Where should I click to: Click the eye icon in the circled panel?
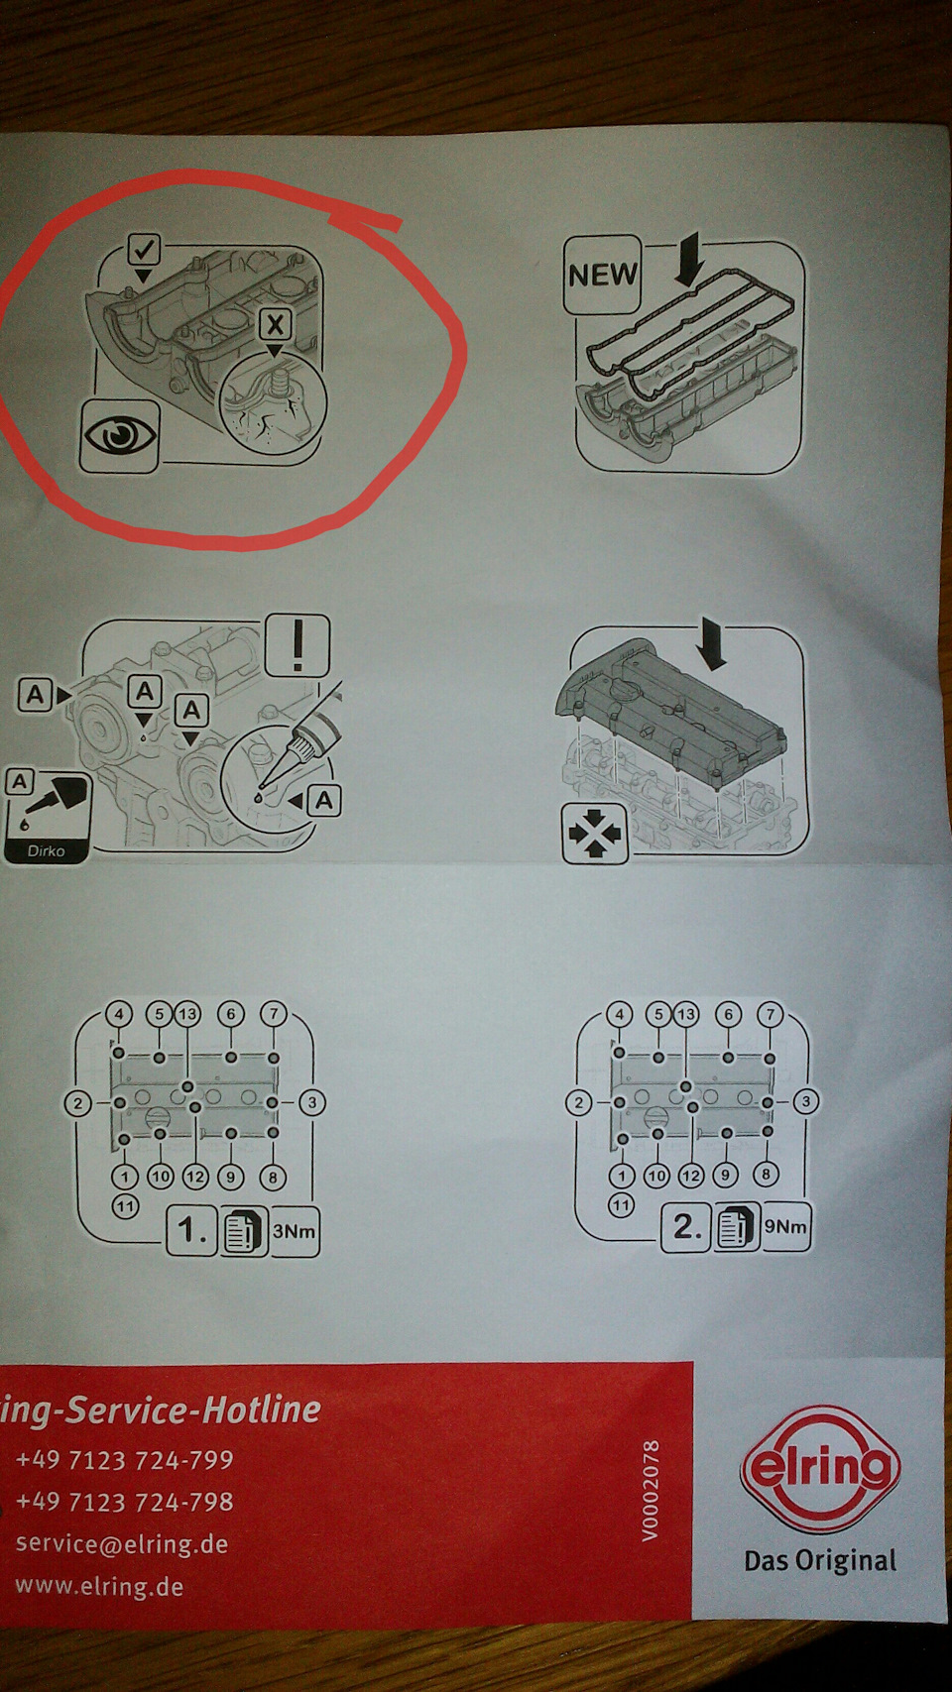point(119,436)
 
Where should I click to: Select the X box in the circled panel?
point(275,325)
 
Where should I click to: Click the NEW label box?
point(602,275)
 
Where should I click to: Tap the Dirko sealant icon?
point(48,815)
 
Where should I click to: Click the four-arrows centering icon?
point(595,833)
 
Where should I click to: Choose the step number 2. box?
point(686,1227)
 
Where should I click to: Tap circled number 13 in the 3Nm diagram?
point(187,1014)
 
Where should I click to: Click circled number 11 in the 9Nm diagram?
point(621,1204)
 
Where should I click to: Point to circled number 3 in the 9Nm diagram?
point(806,1102)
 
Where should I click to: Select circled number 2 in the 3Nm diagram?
point(77,1103)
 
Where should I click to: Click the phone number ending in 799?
point(124,1459)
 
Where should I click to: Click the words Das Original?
point(820,1560)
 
